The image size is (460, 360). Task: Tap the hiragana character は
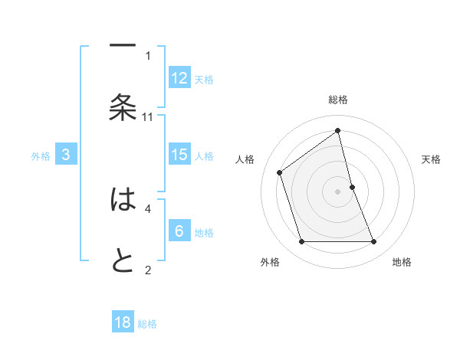click(x=123, y=201)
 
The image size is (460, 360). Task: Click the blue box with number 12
click(x=179, y=77)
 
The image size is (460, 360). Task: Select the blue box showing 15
click(x=179, y=155)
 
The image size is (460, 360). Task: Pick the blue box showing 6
click(x=179, y=231)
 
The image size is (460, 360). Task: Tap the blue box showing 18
click(x=123, y=322)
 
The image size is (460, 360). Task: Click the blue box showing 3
click(x=66, y=155)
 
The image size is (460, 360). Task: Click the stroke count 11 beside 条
click(x=148, y=116)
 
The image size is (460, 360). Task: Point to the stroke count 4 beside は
click(x=148, y=208)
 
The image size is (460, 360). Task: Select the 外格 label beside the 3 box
click(x=41, y=156)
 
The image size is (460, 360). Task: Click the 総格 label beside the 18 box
click(x=147, y=324)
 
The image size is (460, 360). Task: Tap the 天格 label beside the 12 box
click(x=204, y=79)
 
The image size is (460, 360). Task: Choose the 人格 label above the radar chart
click(x=245, y=159)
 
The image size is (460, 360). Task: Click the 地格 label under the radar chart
click(x=402, y=263)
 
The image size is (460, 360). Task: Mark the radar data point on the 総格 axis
click(x=338, y=131)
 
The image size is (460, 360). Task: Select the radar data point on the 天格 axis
click(x=352, y=187)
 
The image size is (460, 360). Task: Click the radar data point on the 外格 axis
click(x=301, y=242)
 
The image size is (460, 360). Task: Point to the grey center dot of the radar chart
click(x=338, y=191)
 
